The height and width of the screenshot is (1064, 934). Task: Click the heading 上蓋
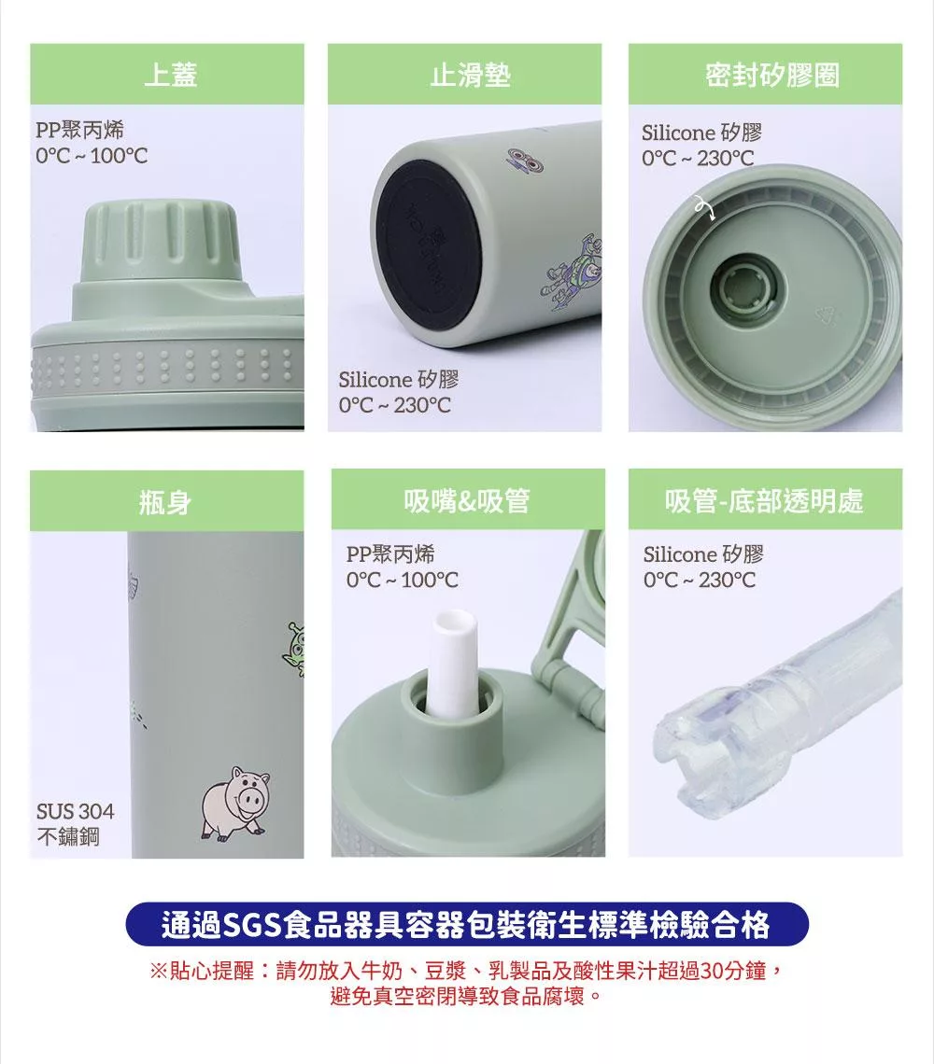point(171,75)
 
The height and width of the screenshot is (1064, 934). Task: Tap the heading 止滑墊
point(470,75)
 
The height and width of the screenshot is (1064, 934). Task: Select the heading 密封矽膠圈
point(771,75)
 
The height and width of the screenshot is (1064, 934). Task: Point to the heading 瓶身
point(165,503)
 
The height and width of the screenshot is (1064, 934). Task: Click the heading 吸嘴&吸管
point(467,501)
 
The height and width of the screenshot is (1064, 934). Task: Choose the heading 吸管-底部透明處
point(764,501)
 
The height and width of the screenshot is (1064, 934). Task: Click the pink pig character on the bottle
point(235,804)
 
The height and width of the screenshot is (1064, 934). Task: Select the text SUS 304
point(76,811)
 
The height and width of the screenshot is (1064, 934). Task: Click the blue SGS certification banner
point(467,924)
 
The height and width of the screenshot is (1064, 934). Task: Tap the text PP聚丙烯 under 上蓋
point(80,129)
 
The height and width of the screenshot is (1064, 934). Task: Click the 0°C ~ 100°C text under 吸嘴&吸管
point(403,580)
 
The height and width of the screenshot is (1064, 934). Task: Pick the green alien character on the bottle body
point(294,650)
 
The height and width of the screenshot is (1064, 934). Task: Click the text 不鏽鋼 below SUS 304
point(68,836)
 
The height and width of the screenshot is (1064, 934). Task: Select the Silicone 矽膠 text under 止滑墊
point(399,379)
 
